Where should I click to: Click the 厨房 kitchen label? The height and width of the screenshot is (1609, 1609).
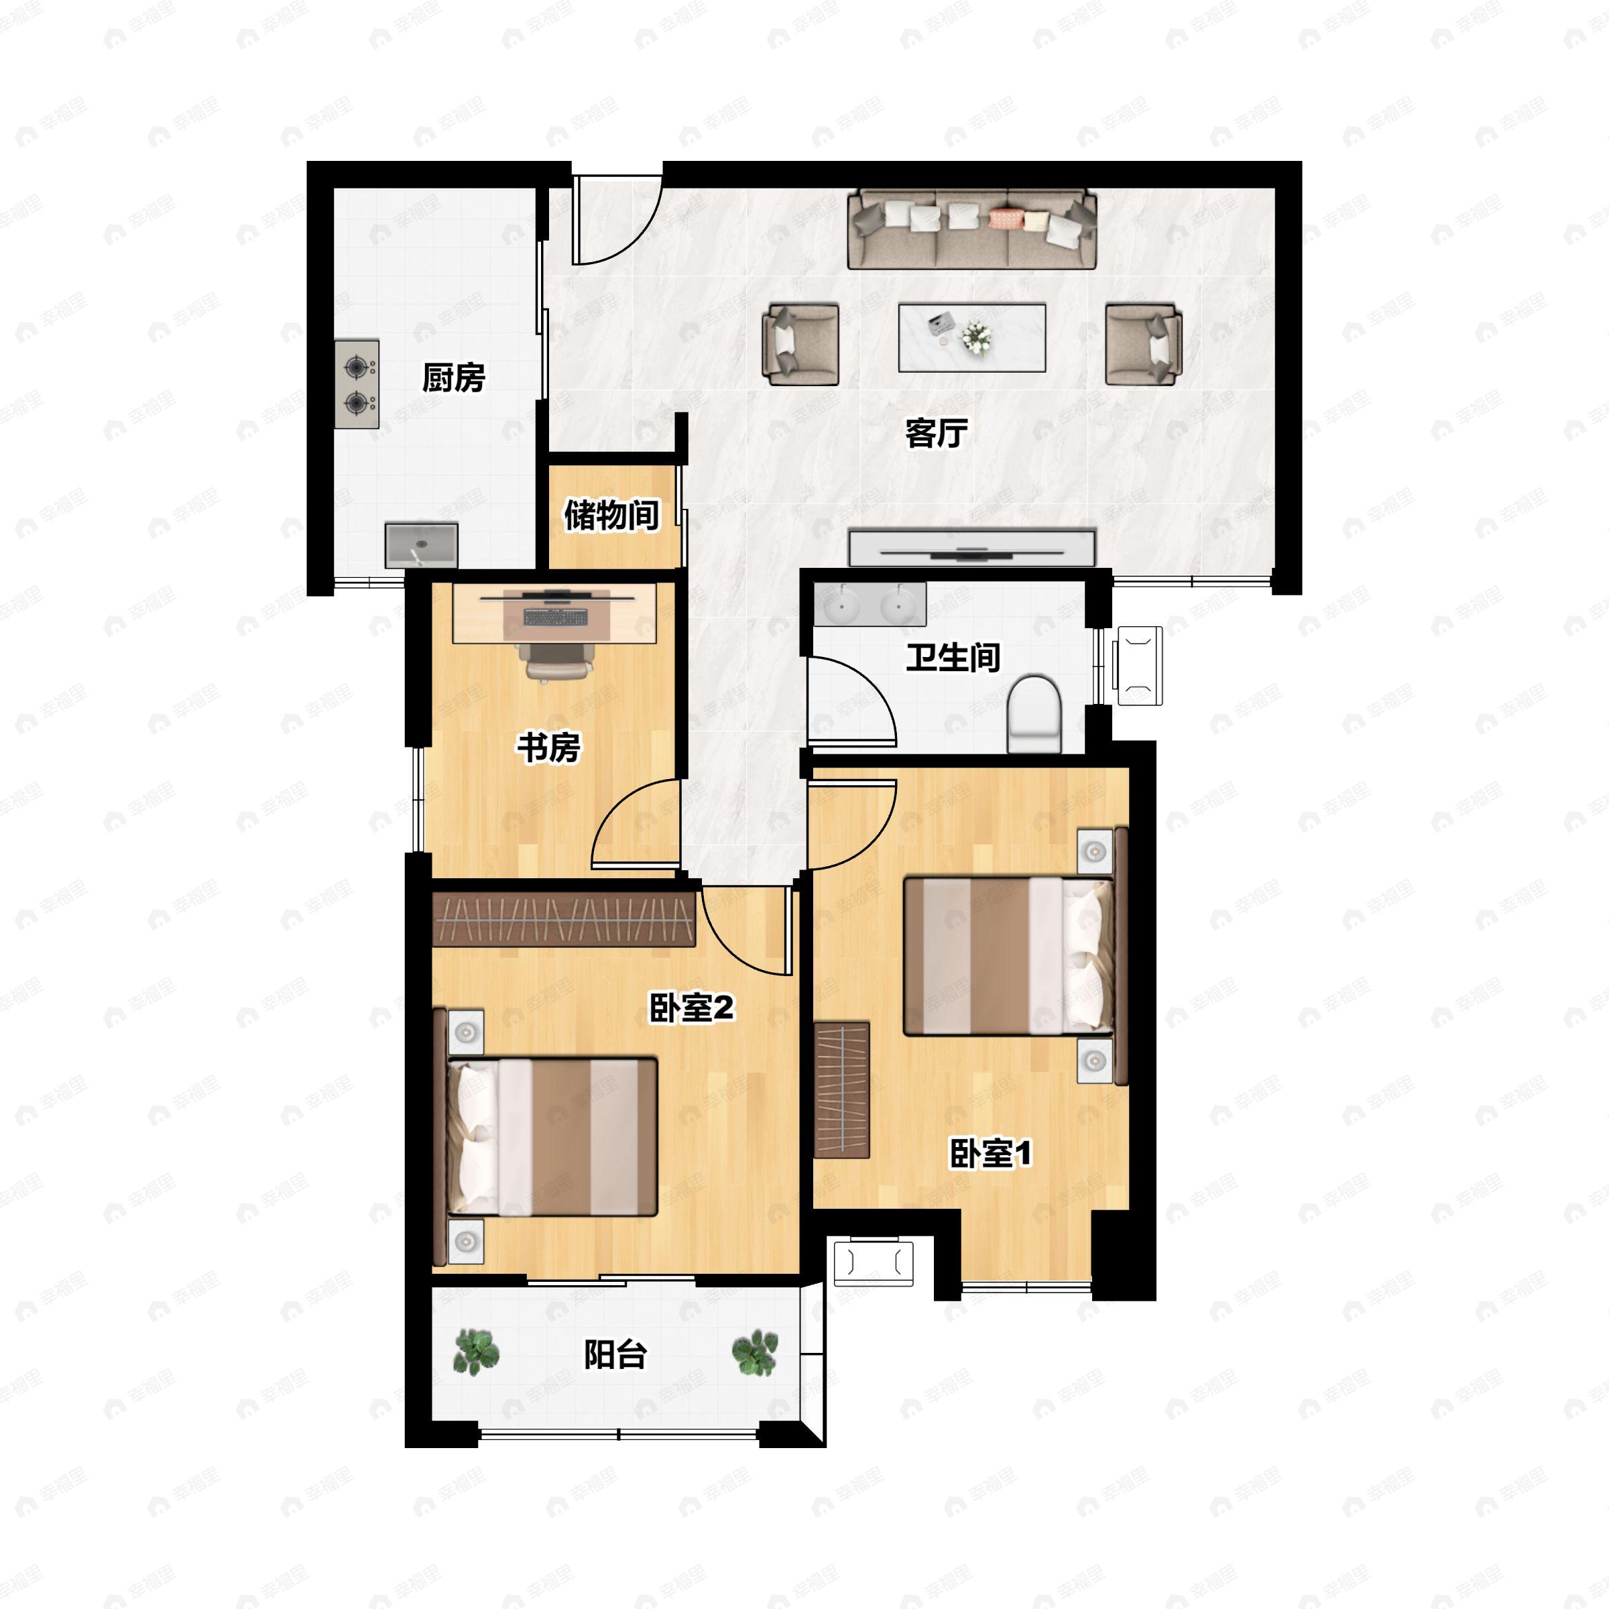[x=453, y=378]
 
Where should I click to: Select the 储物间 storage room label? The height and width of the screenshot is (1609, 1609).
[x=611, y=515]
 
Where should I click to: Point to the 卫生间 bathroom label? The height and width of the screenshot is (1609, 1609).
[x=953, y=657]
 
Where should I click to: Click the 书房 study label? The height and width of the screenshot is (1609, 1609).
[x=549, y=747]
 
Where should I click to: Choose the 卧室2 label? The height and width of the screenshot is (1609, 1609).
[x=691, y=1008]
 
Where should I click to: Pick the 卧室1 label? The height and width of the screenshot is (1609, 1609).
[x=991, y=1153]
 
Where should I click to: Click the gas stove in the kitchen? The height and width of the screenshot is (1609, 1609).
[x=357, y=384]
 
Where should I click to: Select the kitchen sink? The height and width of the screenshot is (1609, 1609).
[x=422, y=546]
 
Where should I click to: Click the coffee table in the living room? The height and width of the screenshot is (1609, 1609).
[x=972, y=337]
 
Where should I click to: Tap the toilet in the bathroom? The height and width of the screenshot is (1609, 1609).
[x=1034, y=714]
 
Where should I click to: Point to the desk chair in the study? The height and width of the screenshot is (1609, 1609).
[x=558, y=660]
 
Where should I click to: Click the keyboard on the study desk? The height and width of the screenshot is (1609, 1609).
[x=556, y=617]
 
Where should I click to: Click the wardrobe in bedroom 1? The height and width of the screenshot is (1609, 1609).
[x=842, y=1090]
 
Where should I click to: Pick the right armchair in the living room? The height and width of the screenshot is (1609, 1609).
[x=1144, y=344]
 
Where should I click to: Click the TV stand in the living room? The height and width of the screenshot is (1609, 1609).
[x=971, y=548]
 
